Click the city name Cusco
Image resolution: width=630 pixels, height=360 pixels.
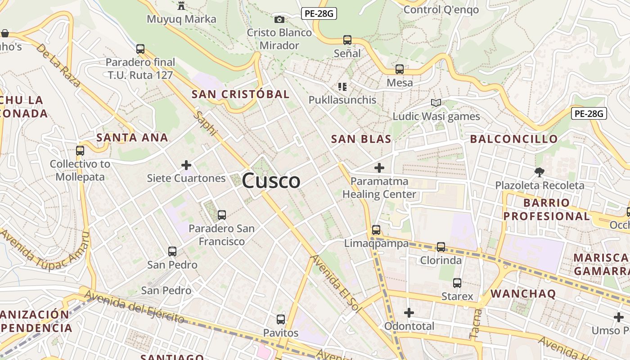(x=271, y=181)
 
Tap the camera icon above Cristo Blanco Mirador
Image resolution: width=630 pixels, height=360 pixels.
(x=279, y=19)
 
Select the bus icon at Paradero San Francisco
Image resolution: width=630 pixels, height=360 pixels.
(x=221, y=215)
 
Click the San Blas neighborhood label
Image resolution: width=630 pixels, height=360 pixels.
(x=361, y=139)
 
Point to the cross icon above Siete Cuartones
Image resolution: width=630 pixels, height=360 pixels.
(x=186, y=165)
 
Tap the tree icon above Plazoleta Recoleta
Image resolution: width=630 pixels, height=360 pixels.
(x=539, y=172)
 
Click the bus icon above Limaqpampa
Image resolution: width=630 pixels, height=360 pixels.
(x=376, y=230)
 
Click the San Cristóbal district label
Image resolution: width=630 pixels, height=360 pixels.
(x=240, y=94)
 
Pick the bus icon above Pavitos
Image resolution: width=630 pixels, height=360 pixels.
(x=281, y=319)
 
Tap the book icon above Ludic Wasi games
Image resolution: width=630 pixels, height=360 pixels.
(x=436, y=103)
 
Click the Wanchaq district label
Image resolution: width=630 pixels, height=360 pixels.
(x=523, y=294)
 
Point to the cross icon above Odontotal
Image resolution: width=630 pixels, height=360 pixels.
(x=409, y=313)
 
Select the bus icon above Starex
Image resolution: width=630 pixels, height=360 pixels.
(x=457, y=283)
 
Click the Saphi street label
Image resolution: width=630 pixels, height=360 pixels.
(x=206, y=123)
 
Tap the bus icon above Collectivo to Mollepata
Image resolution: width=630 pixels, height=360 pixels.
(x=80, y=151)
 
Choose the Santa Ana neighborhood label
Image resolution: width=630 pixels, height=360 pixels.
(x=132, y=137)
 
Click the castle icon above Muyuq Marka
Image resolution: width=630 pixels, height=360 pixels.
(x=181, y=6)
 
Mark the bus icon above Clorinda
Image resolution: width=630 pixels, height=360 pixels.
(x=441, y=247)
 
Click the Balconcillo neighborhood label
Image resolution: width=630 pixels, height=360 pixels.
(x=514, y=139)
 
